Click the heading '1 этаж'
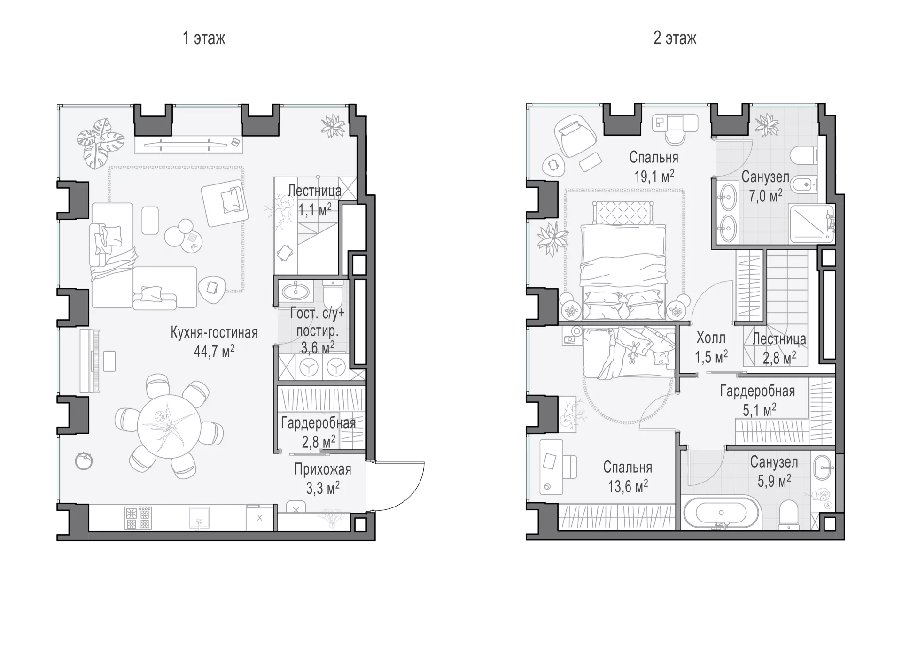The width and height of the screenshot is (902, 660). pos(204,38)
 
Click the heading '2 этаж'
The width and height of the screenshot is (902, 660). pos(675,38)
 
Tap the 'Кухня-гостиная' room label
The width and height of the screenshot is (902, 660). pos(214,332)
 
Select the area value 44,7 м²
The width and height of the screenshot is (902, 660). pos(214,351)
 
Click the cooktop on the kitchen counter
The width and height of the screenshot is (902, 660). pos(138,517)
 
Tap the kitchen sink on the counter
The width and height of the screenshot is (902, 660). pos(199,517)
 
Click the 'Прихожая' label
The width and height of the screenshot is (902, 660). pos(323,469)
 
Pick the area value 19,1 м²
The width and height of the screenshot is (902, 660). pos(654,176)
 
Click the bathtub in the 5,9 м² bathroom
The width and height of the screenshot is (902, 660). pos(721,514)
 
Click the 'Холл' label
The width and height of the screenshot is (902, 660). pos(711,338)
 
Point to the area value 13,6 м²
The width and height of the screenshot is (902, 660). pos(628,486)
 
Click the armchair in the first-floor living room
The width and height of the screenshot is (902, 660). pos(225,205)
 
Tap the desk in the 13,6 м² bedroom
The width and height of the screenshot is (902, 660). pos(552,467)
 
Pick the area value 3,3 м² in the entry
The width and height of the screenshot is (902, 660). pos(323,488)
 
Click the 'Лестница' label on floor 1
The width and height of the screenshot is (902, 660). pos(314,191)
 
